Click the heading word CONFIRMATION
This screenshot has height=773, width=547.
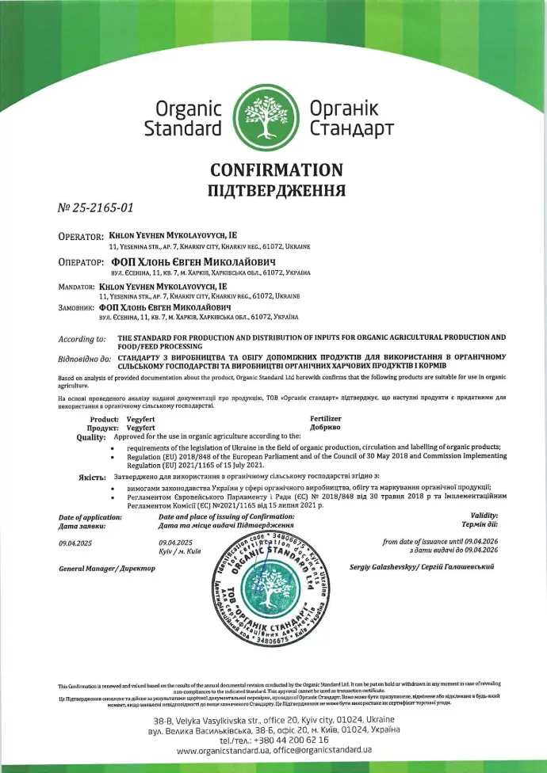(276, 170)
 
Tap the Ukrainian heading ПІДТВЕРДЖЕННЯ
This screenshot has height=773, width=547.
(276, 190)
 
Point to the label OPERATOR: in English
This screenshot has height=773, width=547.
(82, 236)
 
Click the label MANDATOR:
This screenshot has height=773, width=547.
(82, 285)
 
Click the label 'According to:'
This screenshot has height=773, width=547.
(82, 339)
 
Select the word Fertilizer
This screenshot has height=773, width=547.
(327, 417)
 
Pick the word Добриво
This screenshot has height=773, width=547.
(325, 426)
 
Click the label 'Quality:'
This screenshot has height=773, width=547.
(91, 436)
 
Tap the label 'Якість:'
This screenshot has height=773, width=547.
(92, 478)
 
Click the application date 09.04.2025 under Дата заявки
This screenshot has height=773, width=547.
(77, 543)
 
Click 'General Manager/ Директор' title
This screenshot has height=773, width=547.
(108, 569)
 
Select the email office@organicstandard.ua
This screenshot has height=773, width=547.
(323, 749)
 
